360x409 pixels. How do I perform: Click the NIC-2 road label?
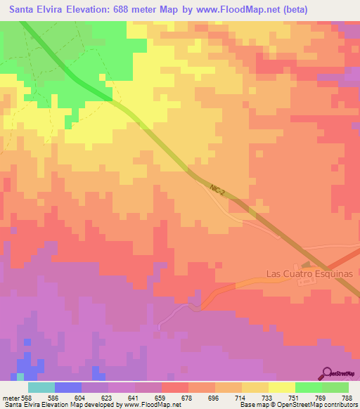217,189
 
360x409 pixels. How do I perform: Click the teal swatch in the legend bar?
41,387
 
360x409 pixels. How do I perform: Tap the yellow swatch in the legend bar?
281,387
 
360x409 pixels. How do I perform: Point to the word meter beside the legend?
10,397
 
